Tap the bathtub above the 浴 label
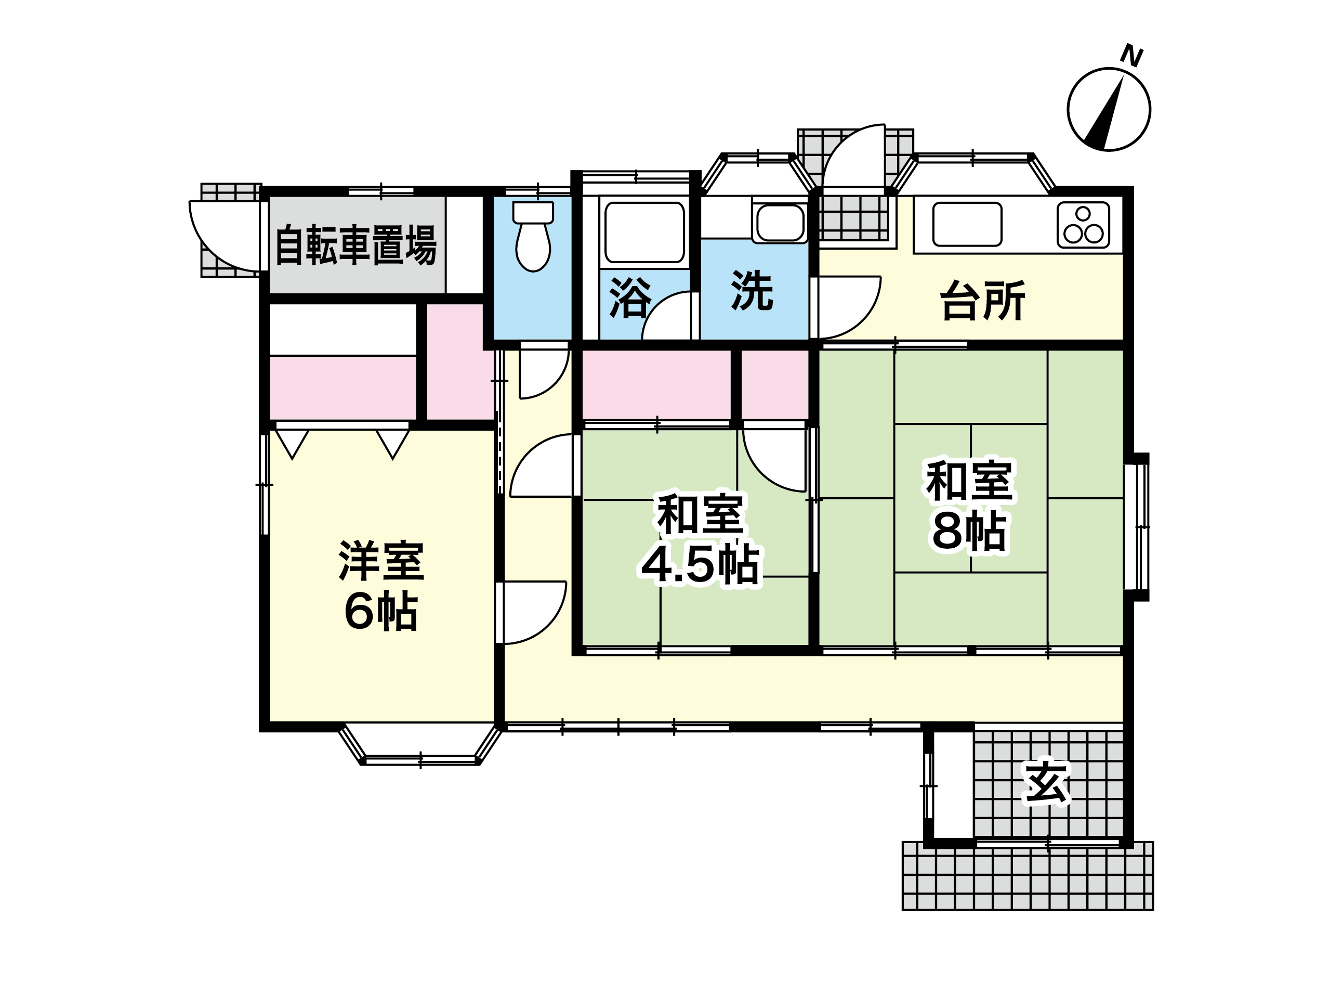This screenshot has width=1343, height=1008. (x=644, y=232)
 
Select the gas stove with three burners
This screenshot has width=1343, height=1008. (x=1083, y=225)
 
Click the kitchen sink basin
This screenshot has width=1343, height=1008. (x=967, y=224)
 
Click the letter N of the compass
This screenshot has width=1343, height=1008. (x=1131, y=55)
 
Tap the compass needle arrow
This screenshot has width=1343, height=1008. (x=1103, y=113)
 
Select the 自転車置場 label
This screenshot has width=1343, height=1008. (x=357, y=245)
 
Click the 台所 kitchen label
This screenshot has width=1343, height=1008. (x=982, y=300)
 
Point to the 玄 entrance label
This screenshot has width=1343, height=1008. (x=1047, y=782)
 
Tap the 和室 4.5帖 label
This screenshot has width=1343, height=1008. (x=701, y=539)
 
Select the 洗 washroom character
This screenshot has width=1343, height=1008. (x=752, y=290)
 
